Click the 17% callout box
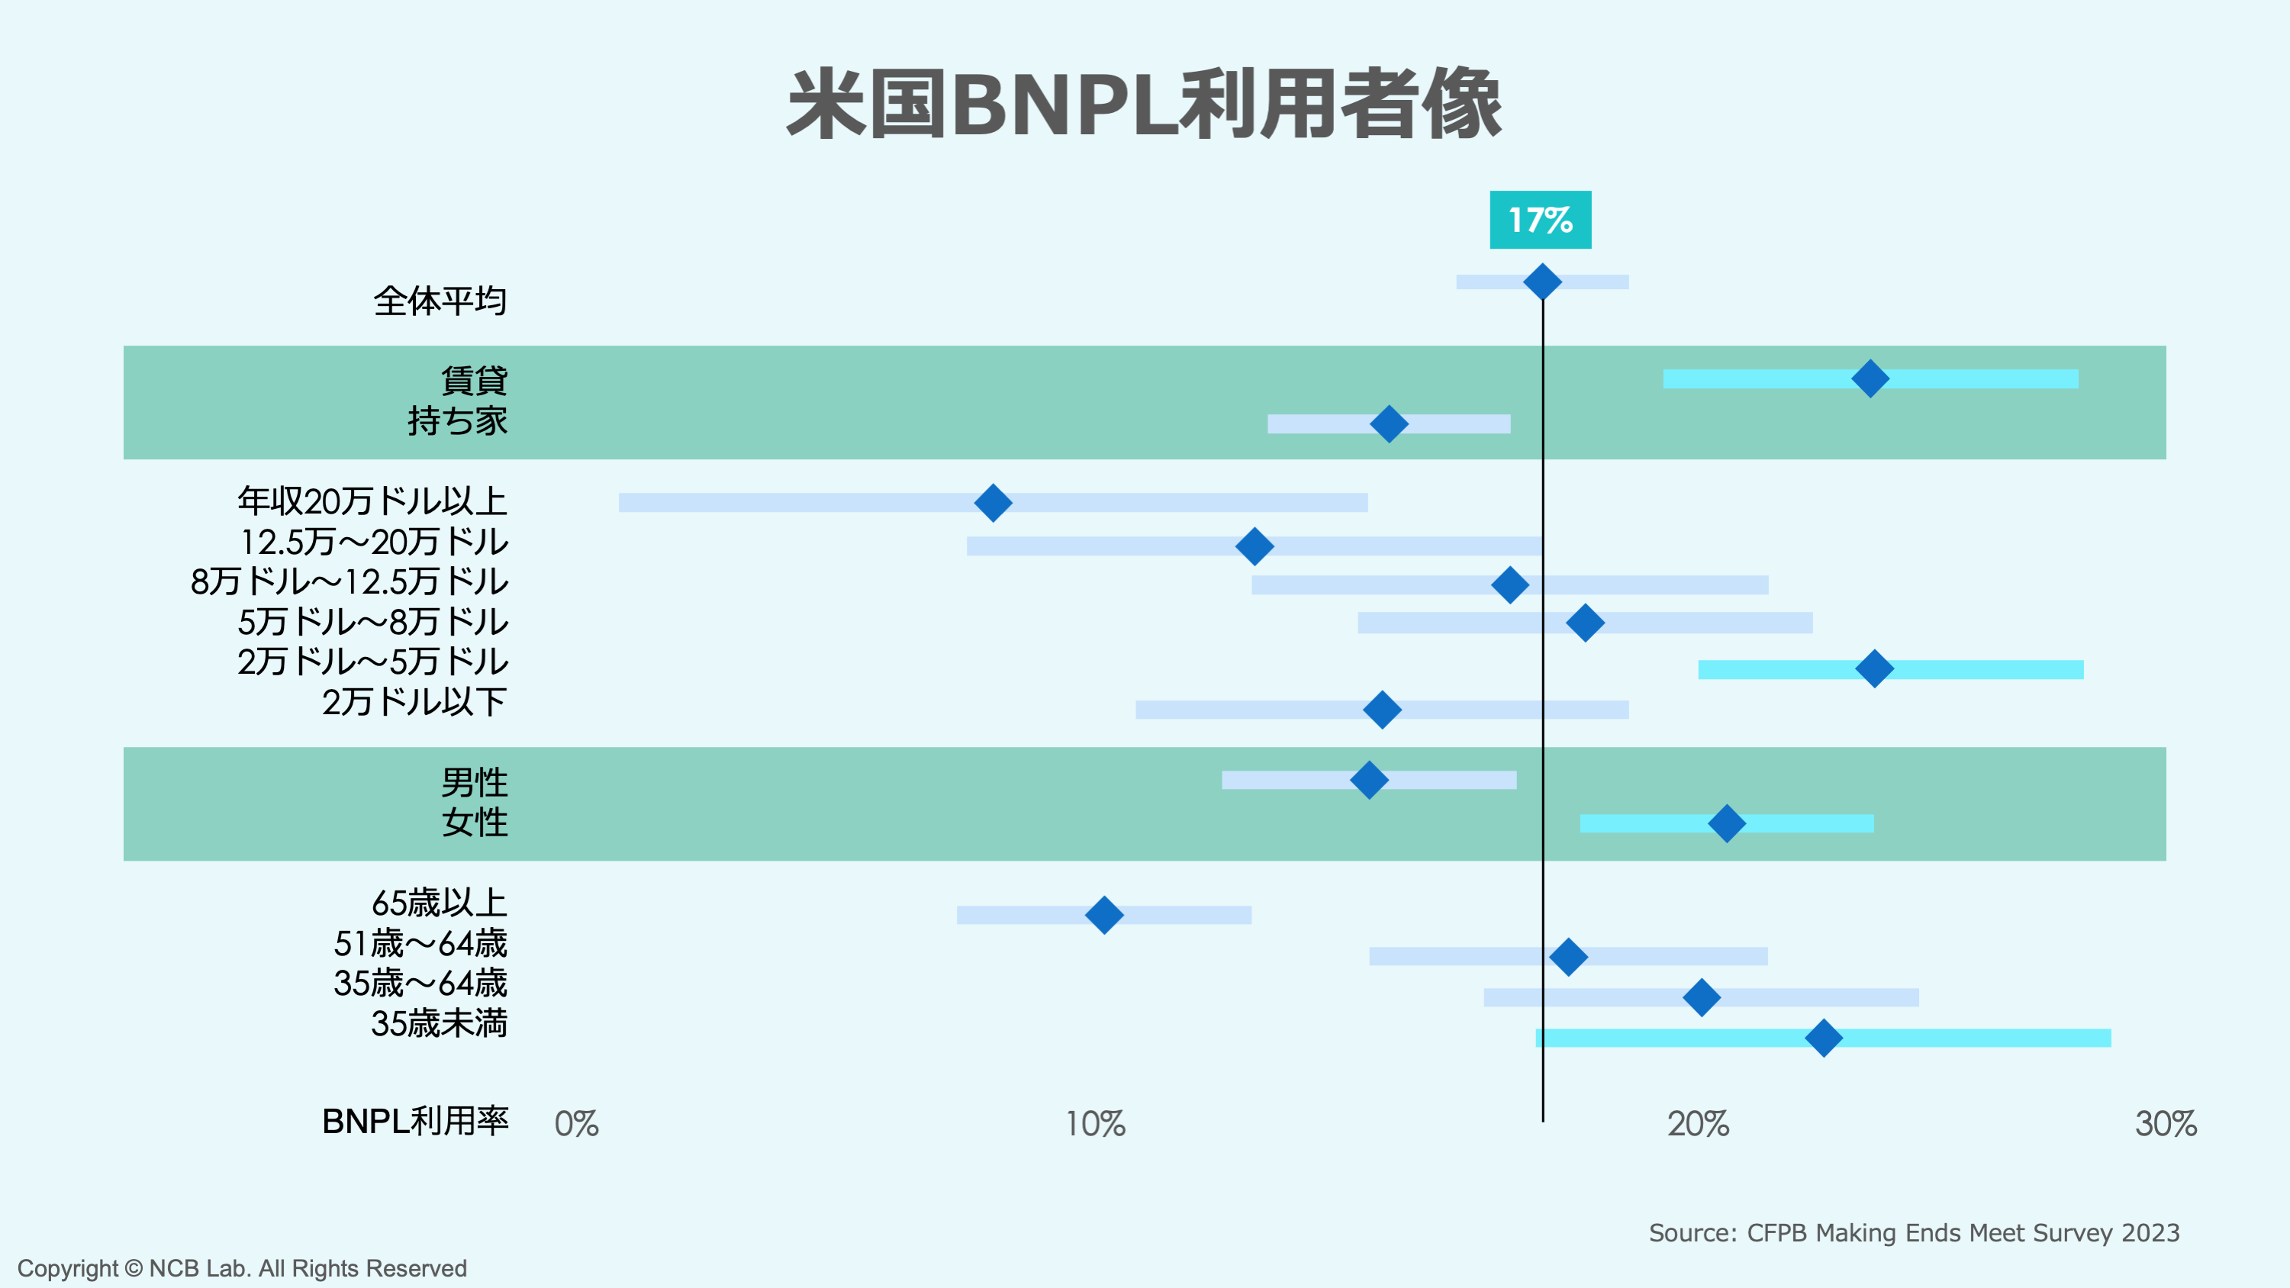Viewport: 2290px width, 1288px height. point(1540,220)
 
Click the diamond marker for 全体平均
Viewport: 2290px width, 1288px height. point(1542,282)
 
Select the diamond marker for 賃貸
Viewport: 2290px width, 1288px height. point(1870,378)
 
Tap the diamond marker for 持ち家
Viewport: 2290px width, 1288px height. point(1389,424)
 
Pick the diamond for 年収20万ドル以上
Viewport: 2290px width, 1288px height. point(993,503)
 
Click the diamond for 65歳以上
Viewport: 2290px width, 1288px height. point(1104,915)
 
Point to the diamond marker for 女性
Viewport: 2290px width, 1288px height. point(1726,823)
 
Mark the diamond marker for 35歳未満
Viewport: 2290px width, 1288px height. point(1823,1037)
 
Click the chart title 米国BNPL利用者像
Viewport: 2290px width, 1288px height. point(1144,105)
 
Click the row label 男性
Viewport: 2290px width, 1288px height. point(474,782)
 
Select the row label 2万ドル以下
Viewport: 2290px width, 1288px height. point(414,702)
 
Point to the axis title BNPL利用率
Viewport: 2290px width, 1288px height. point(415,1122)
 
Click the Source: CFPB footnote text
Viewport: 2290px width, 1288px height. point(1914,1233)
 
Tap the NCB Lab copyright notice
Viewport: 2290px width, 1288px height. point(242,1268)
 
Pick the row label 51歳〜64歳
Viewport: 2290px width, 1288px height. point(420,943)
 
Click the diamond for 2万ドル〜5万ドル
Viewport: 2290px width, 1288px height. point(1874,668)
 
